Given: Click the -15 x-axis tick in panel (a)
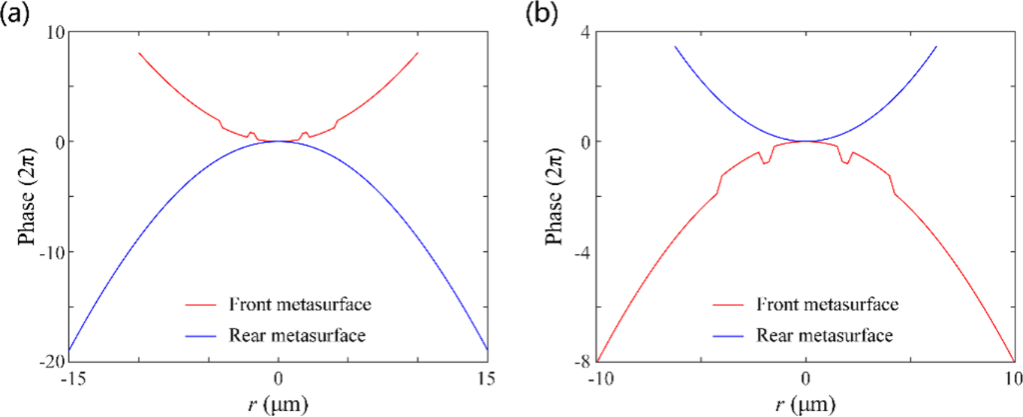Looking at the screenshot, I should click(71, 378).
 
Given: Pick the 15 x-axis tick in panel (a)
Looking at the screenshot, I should click(487, 378).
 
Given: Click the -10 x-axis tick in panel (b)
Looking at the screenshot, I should click(596, 378).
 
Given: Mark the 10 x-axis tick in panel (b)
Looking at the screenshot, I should click(1011, 378).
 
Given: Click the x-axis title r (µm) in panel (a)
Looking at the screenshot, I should click(280, 402).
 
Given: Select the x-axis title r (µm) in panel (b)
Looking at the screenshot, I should click(805, 402).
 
